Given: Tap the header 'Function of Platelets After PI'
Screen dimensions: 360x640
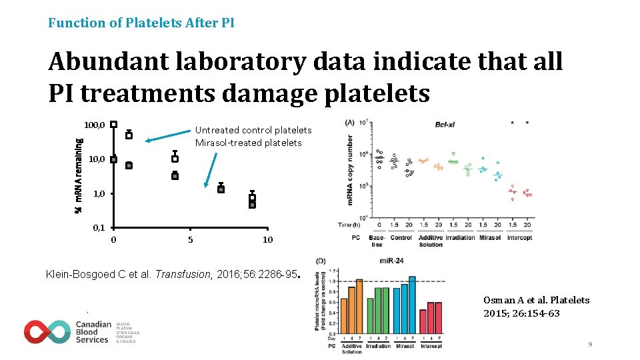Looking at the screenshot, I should (x=141, y=23).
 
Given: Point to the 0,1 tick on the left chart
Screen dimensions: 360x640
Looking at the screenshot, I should (x=99, y=227).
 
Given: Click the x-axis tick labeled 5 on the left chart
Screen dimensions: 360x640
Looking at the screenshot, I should (x=191, y=239).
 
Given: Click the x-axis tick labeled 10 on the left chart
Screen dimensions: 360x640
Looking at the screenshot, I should (x=267, y=239).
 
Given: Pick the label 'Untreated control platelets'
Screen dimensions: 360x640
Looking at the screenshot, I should (x=253, y=130).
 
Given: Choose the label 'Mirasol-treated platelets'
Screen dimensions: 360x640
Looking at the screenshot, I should (x=248, y=143).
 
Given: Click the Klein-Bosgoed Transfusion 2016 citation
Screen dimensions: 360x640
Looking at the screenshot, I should (x=172, y=274).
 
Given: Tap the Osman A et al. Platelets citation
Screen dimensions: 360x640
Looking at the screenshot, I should (x=536, y=306).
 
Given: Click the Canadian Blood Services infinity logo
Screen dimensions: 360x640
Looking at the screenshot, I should (x=47, y=331).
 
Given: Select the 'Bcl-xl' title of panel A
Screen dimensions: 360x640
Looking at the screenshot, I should (x=445, y=124).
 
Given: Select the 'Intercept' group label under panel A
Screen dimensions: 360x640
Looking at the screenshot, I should (x=519, y=237).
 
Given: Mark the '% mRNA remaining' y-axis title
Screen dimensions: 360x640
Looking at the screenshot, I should (x=78, y=175).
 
